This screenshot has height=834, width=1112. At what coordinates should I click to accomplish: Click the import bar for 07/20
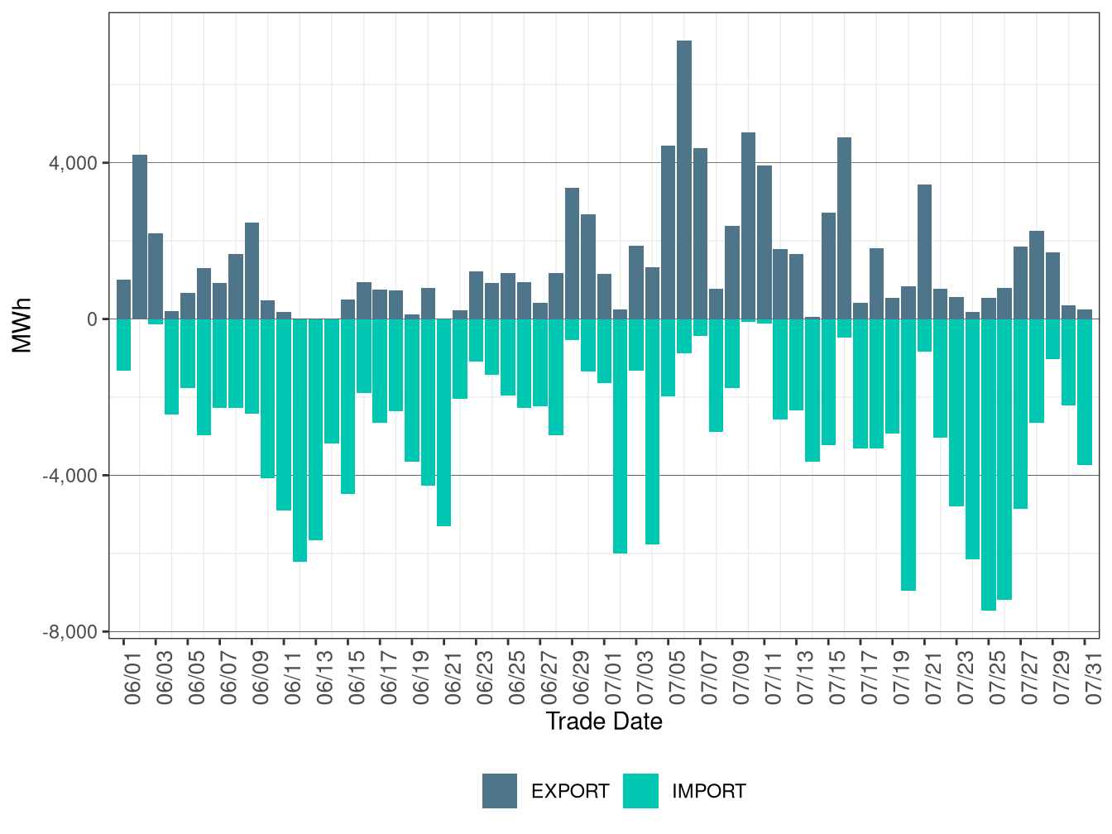(908, 454)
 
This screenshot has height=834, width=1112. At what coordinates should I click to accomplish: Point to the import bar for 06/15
(347, 406)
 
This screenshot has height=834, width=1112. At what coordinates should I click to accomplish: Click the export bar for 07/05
(668, 232)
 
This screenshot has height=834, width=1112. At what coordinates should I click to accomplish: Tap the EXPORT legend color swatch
(500, 791)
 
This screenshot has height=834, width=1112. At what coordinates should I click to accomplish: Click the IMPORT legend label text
(708, 792)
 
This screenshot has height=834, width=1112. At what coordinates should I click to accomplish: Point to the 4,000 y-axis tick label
(73, 163)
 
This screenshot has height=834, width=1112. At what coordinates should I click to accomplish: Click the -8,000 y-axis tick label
(70, 632)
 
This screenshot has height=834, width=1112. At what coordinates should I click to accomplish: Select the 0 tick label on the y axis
(92, 319)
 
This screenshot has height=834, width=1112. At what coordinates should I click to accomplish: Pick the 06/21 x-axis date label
(453, 681)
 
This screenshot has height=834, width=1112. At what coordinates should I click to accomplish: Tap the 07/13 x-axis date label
(805, 681)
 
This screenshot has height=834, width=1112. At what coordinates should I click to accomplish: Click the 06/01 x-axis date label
(132, 681)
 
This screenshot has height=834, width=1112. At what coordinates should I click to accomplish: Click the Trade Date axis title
(604, 721)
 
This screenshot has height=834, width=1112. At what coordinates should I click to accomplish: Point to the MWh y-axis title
(22, 325)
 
